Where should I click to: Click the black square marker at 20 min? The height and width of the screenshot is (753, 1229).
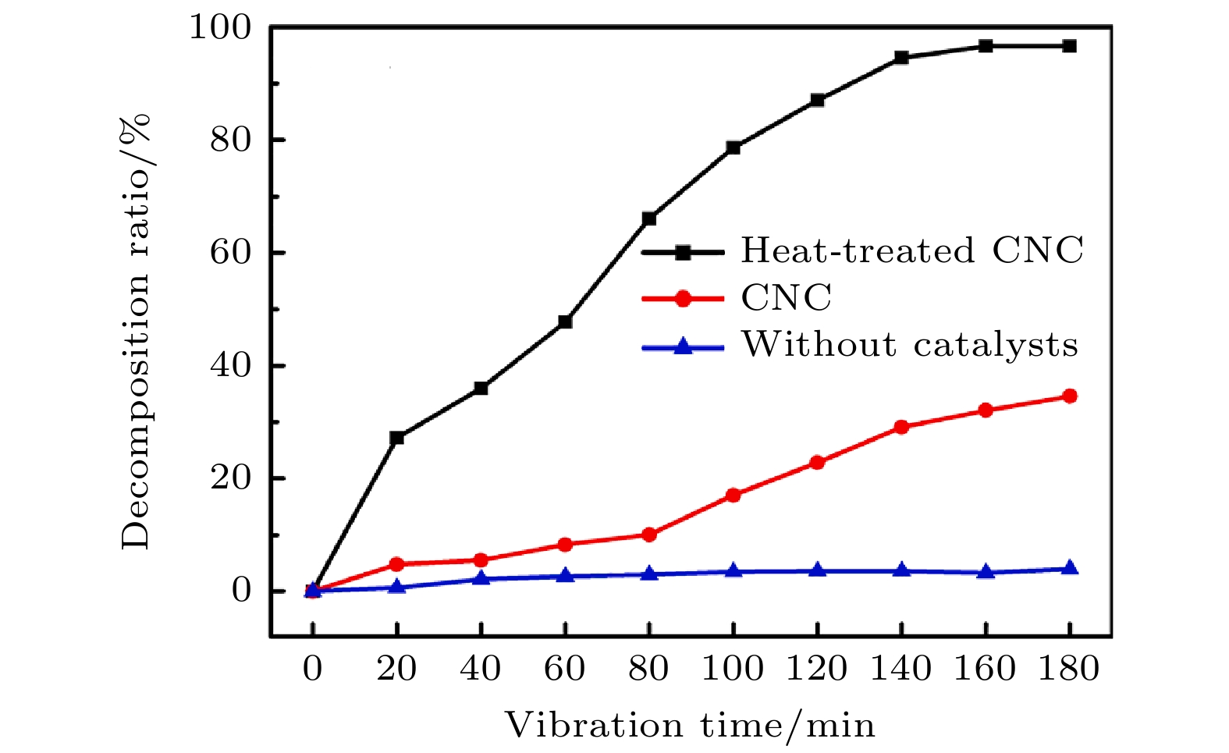(396, 438)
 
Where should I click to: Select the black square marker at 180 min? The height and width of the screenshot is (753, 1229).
(1070, 46)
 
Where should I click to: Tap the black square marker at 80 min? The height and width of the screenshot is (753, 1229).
(649, 218)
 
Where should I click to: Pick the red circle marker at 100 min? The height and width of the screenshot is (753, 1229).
(733, 495)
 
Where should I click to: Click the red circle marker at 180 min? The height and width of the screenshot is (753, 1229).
(1070, 396)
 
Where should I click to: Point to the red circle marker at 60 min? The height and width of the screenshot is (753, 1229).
(565, 545)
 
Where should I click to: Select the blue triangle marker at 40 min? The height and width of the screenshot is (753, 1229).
(481, 578)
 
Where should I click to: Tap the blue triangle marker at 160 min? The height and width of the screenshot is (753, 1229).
(986, 572)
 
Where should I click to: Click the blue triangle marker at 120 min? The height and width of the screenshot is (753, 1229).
(817, 570)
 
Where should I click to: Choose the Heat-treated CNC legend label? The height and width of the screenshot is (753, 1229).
(912, 250)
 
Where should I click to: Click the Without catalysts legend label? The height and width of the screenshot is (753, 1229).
(910, 344)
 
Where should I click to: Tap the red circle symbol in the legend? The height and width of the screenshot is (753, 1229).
(683, 298)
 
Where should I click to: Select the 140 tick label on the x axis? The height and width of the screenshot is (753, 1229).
(901, 670)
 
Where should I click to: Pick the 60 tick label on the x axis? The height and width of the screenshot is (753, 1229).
(565, 670)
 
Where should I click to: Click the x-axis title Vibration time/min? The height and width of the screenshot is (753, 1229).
(691, 726)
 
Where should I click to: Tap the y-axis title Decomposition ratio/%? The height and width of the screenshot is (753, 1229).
(136, 332)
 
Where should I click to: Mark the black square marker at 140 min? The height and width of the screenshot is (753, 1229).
(901, 58)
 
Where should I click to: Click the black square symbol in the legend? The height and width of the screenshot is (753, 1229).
(683, 252)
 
